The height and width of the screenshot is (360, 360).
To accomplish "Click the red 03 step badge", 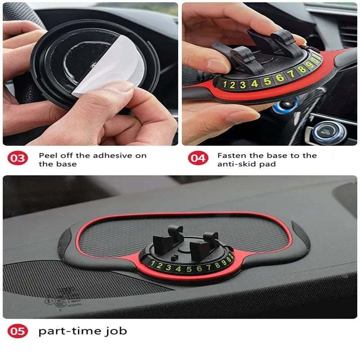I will point(18,159).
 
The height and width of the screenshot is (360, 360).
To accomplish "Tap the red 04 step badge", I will point(197,159).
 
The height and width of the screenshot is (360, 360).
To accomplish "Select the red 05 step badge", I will point(18,332).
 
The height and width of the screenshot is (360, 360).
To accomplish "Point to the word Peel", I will point(48,155).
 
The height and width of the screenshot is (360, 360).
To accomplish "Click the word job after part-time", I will point(117,332).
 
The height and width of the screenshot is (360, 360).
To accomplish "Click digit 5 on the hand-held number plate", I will point(267,81).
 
